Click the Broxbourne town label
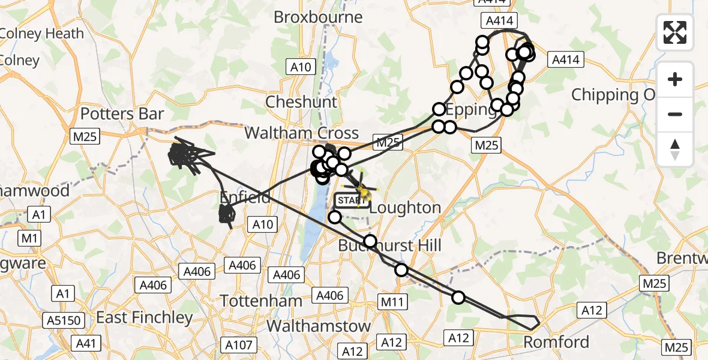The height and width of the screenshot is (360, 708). tap(318, 17)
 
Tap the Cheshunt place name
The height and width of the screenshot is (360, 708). tap(301, 102)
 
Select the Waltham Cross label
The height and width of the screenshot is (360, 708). tap(301, 133)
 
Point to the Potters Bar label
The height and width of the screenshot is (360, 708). tap(122, 113)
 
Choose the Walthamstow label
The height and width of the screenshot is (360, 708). tap(318, 326)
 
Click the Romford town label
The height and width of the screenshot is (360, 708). tap(556, 343)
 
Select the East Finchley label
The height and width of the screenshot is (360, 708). tap(145, 317)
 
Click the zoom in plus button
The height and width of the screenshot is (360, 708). tap(675, 80)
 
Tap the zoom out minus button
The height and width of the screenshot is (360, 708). tap(675, 114)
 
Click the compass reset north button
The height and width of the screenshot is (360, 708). tap(675, 149)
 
